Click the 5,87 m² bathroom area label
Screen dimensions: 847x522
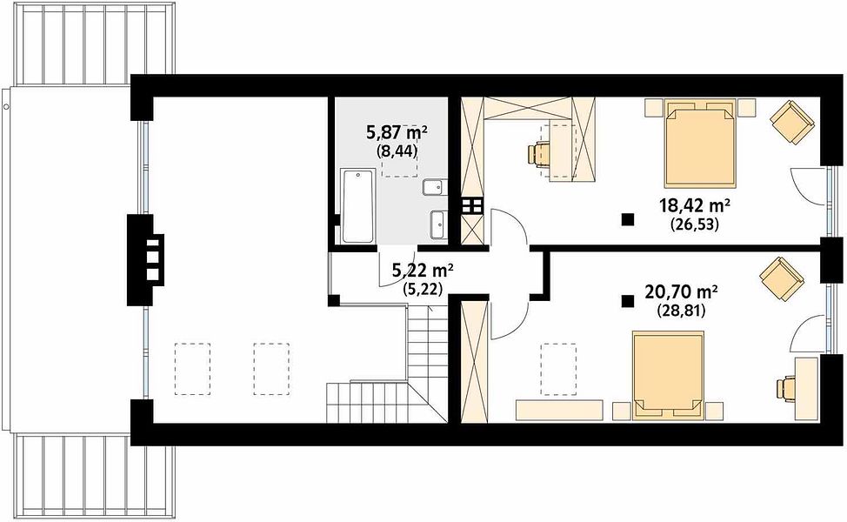(397, 132)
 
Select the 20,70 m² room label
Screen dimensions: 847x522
(681, 292)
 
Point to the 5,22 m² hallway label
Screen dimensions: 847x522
(423, 271)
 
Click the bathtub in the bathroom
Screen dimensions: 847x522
(357, 206)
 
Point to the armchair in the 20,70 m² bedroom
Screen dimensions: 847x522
(782, 278)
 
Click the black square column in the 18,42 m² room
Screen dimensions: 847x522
(627, 219)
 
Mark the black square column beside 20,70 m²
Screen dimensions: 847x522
(627, 301)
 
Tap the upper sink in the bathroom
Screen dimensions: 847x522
(434, 187)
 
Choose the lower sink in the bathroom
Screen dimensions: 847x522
(437, 224)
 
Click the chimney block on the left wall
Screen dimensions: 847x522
(145, 260)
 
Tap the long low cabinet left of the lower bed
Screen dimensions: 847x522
(559, 410)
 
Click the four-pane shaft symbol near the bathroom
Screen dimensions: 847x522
(471, 206)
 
